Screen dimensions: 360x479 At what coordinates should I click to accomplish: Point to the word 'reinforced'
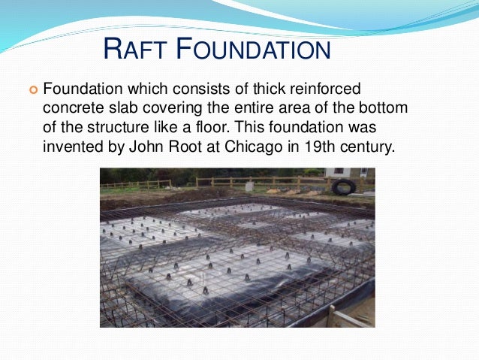(x=318, y=89)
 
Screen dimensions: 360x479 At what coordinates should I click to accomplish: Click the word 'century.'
(x=366, y=146)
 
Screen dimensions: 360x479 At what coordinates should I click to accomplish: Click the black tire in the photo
(x=343, y=186)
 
